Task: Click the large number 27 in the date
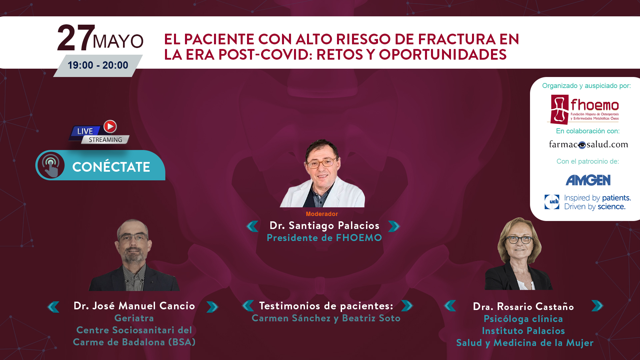[75, 38]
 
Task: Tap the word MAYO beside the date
[118, 41]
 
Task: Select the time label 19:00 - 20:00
[98, 65]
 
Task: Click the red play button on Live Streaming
[110, 127]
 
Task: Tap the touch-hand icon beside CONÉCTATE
[51, 165]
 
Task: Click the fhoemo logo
[583, 110]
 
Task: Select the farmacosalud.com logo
[589, 144]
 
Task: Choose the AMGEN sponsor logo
[588, 180]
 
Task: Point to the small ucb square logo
[552, 202]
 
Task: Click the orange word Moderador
[322, 214]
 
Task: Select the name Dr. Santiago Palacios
[324, 226]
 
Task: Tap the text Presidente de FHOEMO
[324, 238]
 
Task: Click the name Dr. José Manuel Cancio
[134, 306]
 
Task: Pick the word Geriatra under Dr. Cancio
[134, 318]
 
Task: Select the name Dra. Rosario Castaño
[523, 307]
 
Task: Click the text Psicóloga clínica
[523, 319]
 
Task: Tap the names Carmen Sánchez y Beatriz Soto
[326, 318]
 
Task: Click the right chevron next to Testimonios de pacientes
[407, 306]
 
